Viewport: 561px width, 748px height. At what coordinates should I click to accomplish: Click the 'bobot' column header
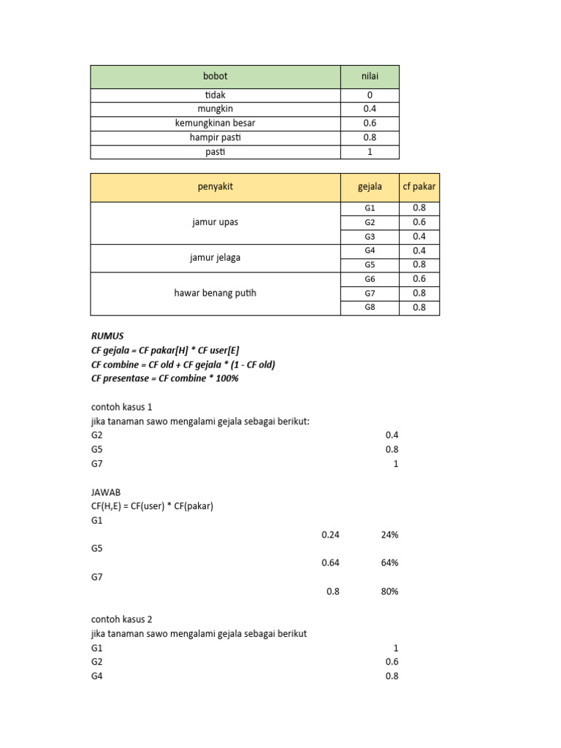click(215, 77)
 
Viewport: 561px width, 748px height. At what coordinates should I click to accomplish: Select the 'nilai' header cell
click(370, 77)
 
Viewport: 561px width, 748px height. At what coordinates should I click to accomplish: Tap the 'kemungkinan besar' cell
click(215, 123)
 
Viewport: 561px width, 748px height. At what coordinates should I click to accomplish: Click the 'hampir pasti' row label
click(215, 137)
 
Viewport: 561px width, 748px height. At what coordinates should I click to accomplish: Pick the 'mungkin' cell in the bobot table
click(215, 109)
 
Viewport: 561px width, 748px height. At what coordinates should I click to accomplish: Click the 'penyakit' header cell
click(215, 187)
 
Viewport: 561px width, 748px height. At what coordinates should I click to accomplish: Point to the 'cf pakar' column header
click(419, 187)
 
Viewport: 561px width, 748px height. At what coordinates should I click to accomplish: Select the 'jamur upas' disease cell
click(215, 222)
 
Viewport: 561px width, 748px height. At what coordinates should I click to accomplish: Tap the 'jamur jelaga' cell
click(215, 257)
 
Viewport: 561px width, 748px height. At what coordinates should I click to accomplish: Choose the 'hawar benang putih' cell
click(215, 293)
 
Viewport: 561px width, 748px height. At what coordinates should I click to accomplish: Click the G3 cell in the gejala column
click(370, 237)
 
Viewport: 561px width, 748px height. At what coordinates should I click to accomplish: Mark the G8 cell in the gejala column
click(370, 308)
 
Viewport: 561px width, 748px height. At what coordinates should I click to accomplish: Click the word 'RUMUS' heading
click(108, 335)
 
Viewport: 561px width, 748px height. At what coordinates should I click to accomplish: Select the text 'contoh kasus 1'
click(121, 406)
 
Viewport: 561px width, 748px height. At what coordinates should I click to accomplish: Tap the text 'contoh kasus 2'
click(121, 619)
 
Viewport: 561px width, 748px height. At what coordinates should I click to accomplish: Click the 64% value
click(389, 562)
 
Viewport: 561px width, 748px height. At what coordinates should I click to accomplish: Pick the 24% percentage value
click(389, 535)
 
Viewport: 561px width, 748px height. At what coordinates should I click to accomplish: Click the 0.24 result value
click(330, 535)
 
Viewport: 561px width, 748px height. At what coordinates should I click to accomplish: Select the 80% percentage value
click(389, 591)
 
